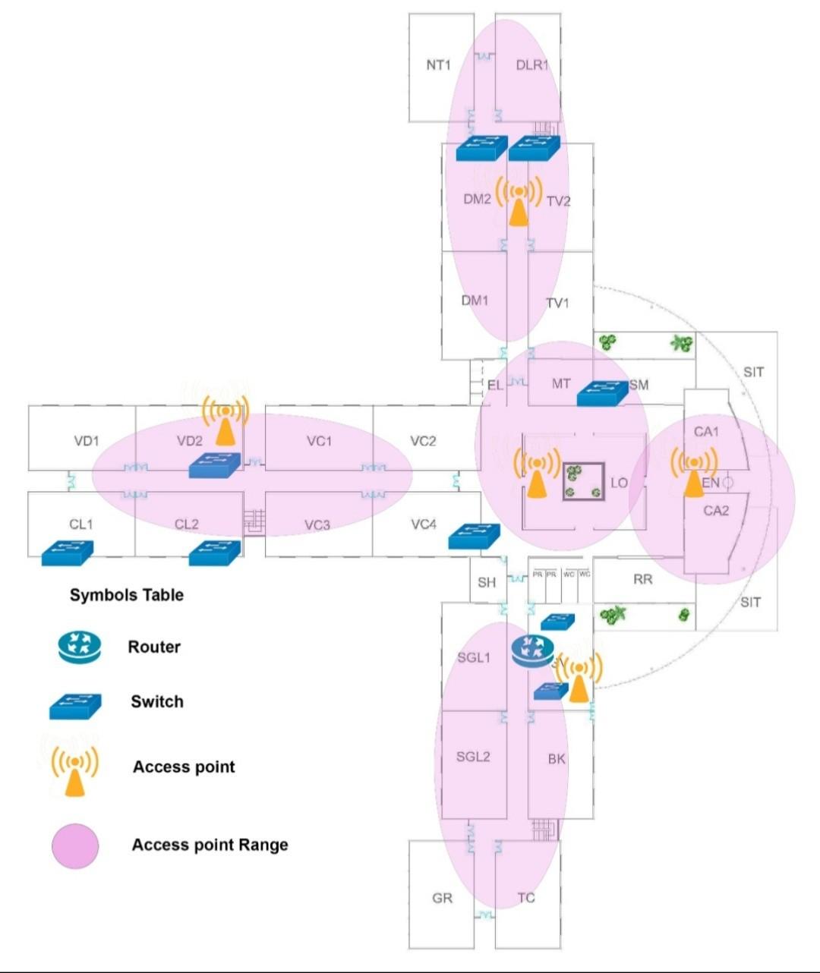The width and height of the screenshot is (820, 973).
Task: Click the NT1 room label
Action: [x=438, y=65]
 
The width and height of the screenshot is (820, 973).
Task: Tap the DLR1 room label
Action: [x=531, y=65]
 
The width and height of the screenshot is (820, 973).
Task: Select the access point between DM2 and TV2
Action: [x=519, y=201]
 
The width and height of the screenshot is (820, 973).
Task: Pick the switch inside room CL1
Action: [x=67, y=553]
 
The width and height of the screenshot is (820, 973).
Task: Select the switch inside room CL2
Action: [x=214, y=553]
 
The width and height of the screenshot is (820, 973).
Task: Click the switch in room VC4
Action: [x=475, y=537]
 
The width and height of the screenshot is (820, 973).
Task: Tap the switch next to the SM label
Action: [x=603, y=392]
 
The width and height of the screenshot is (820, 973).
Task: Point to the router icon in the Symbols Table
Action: [x=79, y=647]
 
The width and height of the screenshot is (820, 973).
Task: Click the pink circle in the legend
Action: [x=75, y=845]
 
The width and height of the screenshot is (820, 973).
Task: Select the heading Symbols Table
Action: [x=127, y=595]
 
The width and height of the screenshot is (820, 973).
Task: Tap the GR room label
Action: [x=442, y=899]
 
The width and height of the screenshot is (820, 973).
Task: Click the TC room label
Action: [x=526, y=899]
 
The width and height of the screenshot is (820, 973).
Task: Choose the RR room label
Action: [x=642, y=580]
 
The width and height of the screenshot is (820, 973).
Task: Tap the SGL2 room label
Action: [x=473, y=757]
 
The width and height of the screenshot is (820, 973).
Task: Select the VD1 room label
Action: [x=87, y=441]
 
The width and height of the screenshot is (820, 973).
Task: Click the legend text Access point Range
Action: [x=210, y=845]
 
